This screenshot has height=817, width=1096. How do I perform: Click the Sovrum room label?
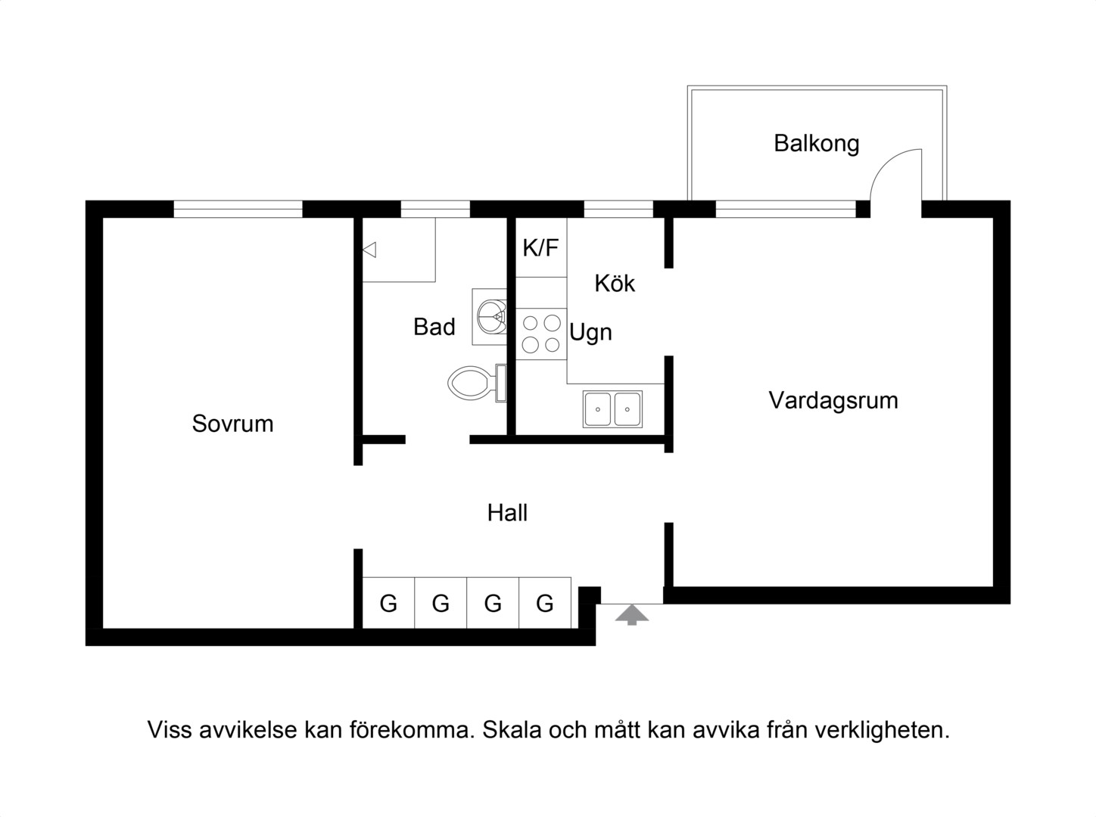click(232, 424)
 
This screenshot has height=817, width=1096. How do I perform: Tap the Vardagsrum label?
click(833, 400)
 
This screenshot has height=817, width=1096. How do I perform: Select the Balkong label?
click(817, 144)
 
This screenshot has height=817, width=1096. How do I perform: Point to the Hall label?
click(507, 513)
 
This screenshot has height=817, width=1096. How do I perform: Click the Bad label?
click(434, 327)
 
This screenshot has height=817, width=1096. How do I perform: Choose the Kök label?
click(615, 283)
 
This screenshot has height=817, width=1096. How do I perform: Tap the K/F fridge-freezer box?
click(541, 247)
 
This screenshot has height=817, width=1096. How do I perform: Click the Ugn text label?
click(590, 332)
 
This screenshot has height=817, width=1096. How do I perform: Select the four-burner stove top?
click(541, 334)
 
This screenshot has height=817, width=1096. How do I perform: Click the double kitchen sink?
click(612, 409)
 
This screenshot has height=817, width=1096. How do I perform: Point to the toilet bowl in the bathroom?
click(477, 384)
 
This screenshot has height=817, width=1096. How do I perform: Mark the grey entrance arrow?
click(631, 614)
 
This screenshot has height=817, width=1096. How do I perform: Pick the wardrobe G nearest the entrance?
click(545, 603)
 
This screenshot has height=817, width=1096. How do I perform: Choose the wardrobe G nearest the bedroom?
click(388, 603)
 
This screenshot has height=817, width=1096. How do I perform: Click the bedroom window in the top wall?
click(238, 209)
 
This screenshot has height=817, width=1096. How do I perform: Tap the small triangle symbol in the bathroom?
click(369, 250)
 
